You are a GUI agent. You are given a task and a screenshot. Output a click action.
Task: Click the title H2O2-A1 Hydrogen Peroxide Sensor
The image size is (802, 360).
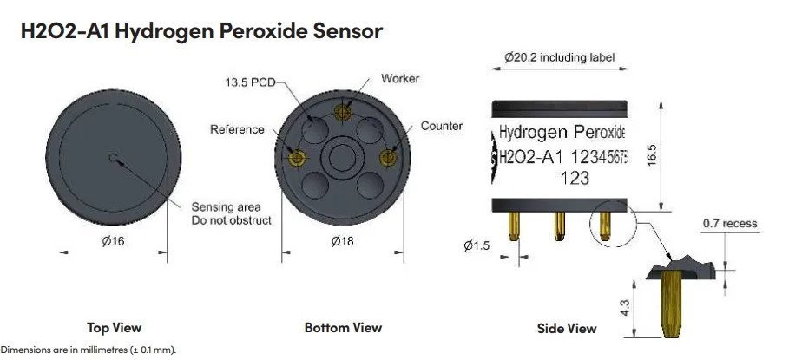click(x=200, y=31)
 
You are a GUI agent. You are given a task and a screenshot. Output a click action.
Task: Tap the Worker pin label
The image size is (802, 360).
click(x=400, y=79)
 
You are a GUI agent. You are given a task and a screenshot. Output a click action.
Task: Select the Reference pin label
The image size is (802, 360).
click(x=237, y=130)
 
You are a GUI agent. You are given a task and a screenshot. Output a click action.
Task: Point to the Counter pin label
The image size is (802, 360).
click(x=442, y=127)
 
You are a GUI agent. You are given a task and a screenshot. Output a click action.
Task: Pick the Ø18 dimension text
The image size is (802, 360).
click(x=343, y=241)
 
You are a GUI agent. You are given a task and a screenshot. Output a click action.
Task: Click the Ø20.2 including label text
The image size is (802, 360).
click(x=559, y=58)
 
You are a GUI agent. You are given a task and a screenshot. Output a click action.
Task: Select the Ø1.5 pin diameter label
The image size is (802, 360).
click(x=477, y=246)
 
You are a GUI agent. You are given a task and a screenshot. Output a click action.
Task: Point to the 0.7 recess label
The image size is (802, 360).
click(x=729, y=224)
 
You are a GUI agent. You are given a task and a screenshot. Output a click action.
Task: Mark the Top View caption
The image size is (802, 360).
click(x=114, y=328)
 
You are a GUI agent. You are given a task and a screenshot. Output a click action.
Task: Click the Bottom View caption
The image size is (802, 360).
click(x=343, y=328)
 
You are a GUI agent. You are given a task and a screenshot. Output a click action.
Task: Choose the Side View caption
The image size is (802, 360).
click(x=567, y=329)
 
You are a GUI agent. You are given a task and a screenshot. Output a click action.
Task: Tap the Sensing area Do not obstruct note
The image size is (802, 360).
click(x=231, y=213)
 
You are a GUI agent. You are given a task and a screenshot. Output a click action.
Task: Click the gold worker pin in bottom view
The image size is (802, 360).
click(x=343, y=112)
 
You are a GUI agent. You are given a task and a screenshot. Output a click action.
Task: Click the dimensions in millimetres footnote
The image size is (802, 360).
click(x=88, y=350)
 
